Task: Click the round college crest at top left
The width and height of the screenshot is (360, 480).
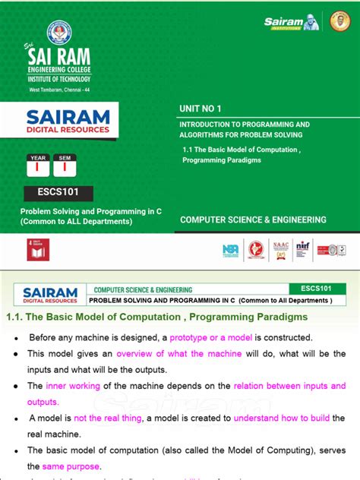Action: pyautogui.click(x=59, y=33)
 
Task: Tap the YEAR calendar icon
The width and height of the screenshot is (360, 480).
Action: pyautogui.click(x=37, y=166)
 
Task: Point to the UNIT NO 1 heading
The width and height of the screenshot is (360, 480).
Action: pyautogui.click(x=201, y=109)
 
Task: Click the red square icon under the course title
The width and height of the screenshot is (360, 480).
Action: pyautogui.click(x=38, y=250)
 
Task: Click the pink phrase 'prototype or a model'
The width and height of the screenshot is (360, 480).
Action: pyautogui.click(x=211, y=337)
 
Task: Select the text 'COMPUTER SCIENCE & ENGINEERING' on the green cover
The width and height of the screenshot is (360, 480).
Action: pyautogui.click(x=253, y=220)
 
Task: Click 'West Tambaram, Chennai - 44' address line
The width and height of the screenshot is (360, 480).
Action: pyautogui.click(x=59, y=90)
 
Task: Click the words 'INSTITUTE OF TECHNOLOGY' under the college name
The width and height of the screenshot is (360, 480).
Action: pyautogui.click(x=59, y=79)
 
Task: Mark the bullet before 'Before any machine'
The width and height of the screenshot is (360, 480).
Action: pyautogui.click(x=16, y=338)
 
